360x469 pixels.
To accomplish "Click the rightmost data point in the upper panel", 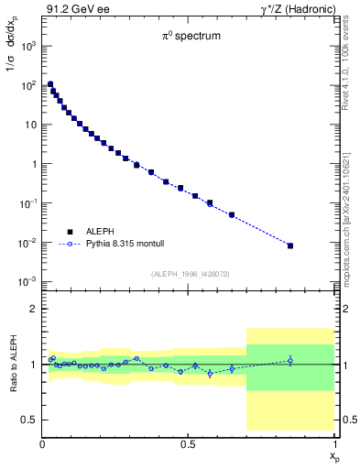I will point(290,245).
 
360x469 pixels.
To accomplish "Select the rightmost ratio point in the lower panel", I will point(290,360).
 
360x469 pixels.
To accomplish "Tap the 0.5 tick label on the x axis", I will point(188,444).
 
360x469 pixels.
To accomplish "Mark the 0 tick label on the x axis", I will point(42,444).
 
